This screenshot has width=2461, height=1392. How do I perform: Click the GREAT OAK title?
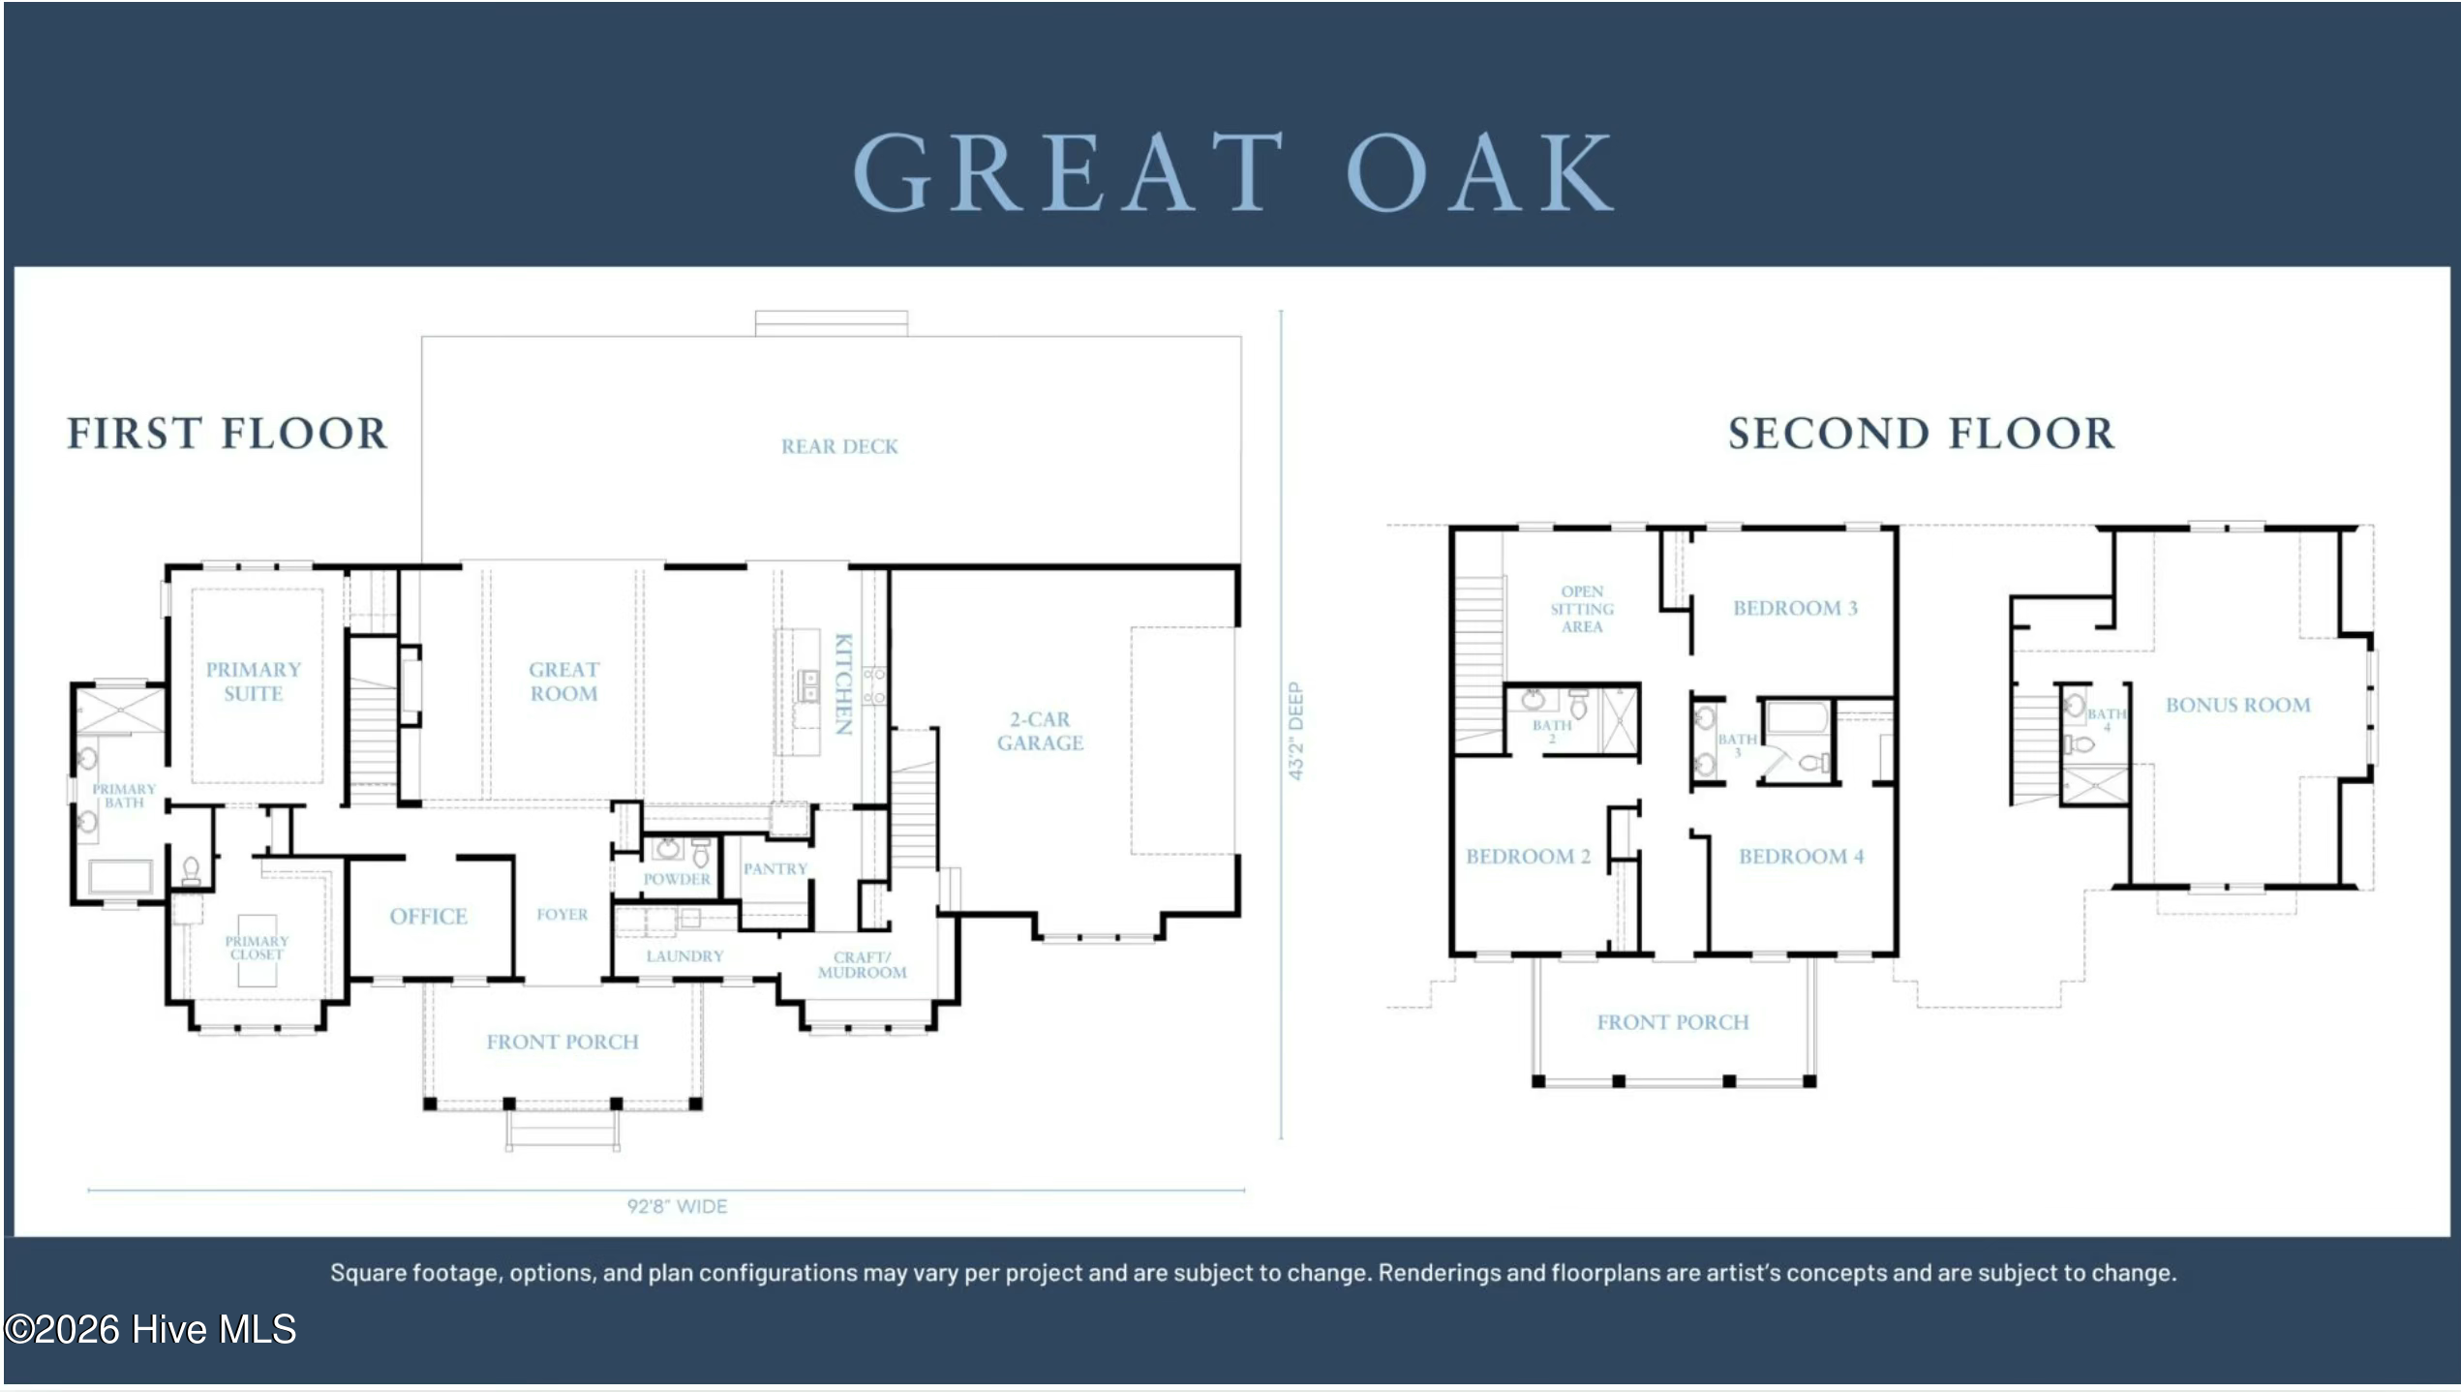tap(1232, 171)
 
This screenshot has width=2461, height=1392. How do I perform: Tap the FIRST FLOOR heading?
tap(227, 433)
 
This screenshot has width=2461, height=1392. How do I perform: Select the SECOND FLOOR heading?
tap(1922, 433)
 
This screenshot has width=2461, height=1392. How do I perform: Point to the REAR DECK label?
tap(839, 446)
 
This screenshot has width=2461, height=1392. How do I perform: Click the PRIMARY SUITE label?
tap(253, 681)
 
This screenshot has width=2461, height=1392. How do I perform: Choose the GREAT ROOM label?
tap(563, 681)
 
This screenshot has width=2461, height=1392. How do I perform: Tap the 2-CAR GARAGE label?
tap(1040, 731)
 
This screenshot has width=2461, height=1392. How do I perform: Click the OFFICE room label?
tap(428, 916)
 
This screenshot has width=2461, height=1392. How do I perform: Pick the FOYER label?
tap(562, 914)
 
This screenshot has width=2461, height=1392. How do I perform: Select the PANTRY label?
tap(775, 868)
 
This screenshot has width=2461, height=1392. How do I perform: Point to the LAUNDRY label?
tap(684, 955)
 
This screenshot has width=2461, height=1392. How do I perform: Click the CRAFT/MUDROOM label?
tap(862, 964)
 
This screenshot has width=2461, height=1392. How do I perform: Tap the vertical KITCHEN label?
tap(843, 683)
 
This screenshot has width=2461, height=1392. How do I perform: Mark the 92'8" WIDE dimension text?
tap(677, 1206)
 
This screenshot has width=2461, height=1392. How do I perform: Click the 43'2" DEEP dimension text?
tap(1295, 731)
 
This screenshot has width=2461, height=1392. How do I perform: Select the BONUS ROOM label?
tap(2237, 705)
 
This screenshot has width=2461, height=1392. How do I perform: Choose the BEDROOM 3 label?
tap(1795, 608)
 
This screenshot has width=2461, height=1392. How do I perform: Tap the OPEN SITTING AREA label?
tap(1582, 609)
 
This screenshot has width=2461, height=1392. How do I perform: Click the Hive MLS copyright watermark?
tap(150, 1329)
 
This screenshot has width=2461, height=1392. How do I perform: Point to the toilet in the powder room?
tap(700, 853)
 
